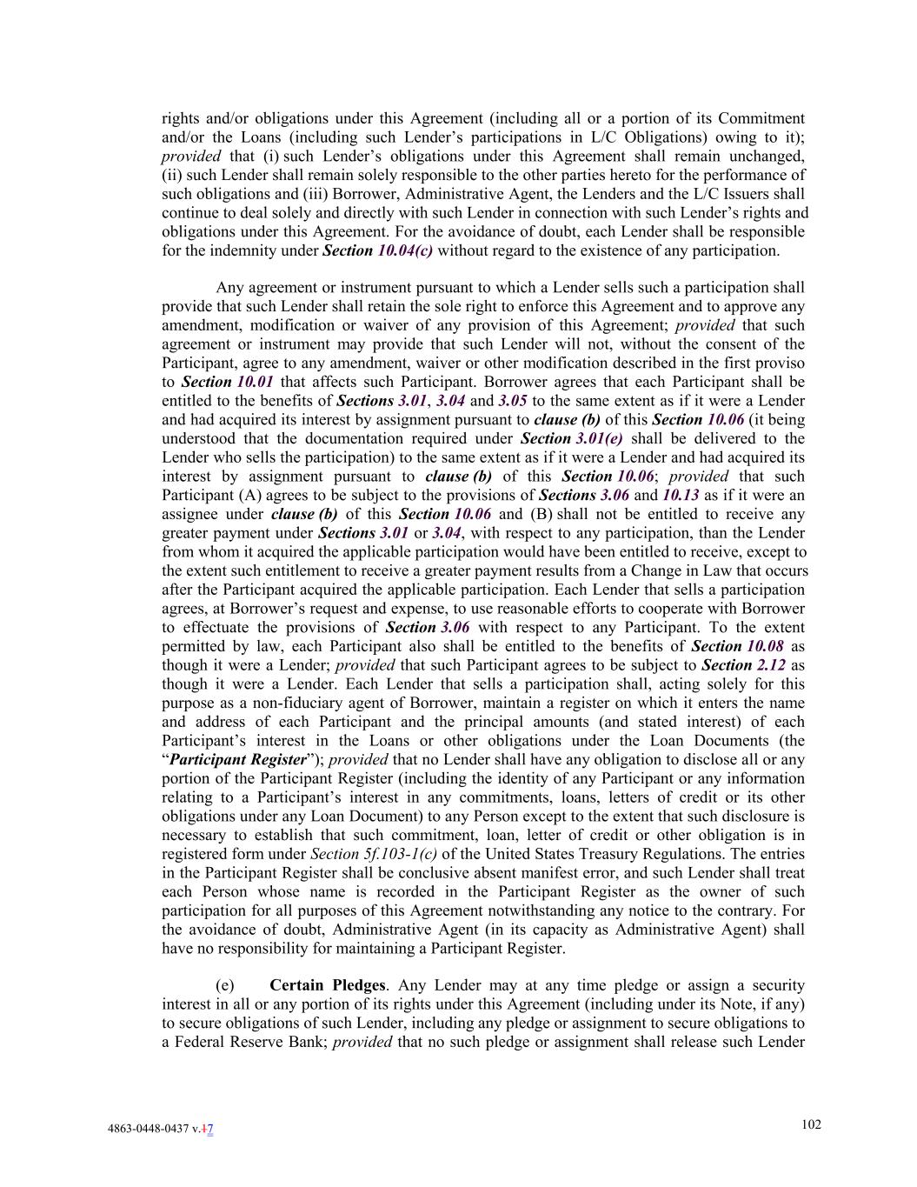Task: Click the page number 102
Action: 810,1124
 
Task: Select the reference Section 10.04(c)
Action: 377,251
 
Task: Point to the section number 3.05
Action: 513,401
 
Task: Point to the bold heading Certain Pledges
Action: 327,985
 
